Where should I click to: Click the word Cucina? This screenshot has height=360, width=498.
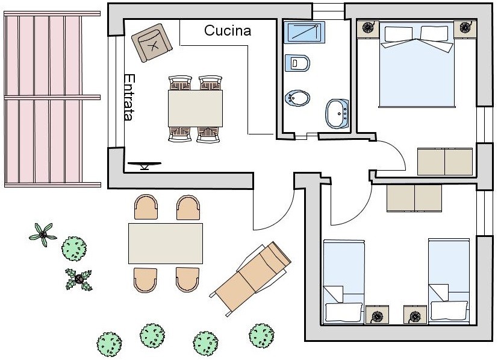[227, 31]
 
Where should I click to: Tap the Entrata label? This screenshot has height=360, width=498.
[128, 97]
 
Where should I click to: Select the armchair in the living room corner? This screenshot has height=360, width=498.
[153, 42]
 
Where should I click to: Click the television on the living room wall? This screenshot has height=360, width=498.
[145, 164]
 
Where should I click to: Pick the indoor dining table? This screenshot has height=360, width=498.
[195, 108]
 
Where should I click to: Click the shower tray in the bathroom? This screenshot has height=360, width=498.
[304, 32]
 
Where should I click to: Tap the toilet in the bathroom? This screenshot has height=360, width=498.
[299, 62]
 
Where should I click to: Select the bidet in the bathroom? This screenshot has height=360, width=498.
[297, 97]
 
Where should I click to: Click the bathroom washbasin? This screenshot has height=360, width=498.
[338, 113]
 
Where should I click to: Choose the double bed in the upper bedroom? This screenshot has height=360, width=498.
[416, 66]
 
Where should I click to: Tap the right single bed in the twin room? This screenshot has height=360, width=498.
[449, 280]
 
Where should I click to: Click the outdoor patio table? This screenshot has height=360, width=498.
[166, 243]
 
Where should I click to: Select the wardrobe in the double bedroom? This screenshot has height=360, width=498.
[445, 161]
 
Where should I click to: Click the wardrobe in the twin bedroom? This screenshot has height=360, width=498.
[414, 198]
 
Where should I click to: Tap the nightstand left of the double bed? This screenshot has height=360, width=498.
[368, 28]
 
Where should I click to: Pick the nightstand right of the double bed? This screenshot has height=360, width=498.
[465, 28]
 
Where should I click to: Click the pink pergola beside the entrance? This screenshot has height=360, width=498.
[43, 99]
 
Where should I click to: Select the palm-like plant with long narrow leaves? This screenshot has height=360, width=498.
[42, 233]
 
